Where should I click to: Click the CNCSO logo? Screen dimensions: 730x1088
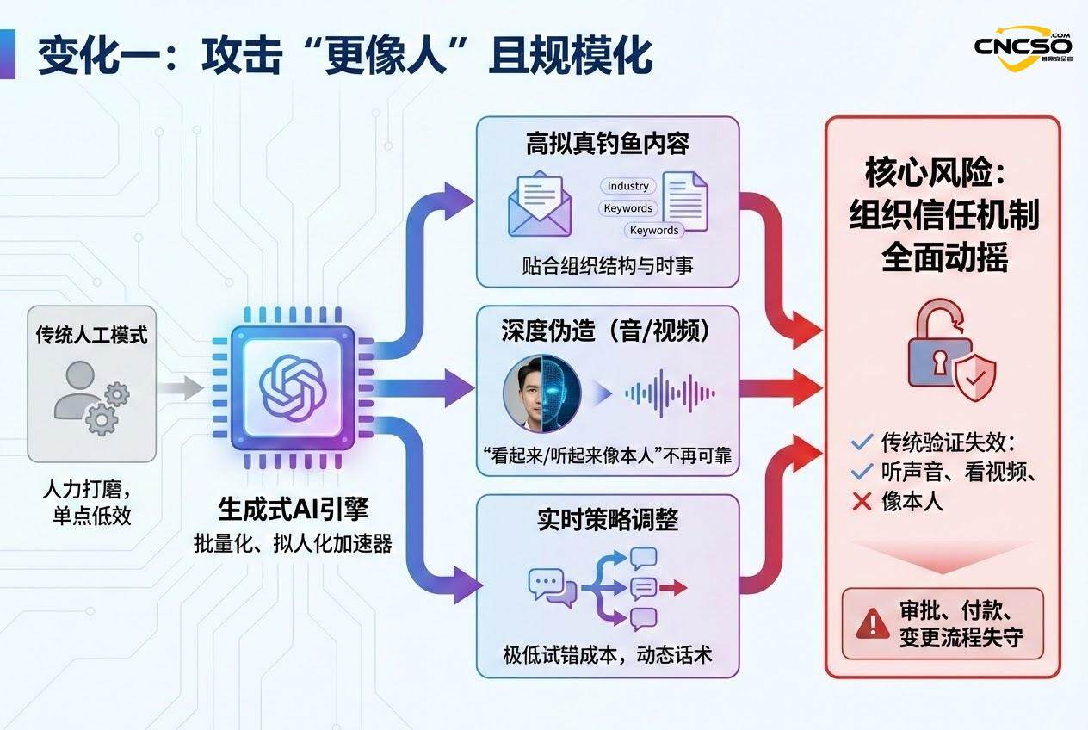[1023, 44]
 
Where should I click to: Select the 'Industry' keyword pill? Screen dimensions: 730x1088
[627, 186]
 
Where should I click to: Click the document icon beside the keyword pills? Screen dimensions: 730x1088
[685, 201]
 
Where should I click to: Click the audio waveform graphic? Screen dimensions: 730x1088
[670, 394]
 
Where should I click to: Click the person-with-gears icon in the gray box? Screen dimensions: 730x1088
[92, 396]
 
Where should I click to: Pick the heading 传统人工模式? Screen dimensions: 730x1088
[91, 335]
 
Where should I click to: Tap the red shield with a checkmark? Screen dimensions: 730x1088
[974, 376]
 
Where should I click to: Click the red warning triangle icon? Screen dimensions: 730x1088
[873, 622]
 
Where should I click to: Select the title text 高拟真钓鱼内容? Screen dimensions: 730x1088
[608, 144]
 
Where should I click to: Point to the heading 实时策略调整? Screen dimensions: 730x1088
[608, 521]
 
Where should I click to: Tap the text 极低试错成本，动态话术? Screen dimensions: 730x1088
[608, 654]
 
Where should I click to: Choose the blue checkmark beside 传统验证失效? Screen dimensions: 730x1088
[862, 443]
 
